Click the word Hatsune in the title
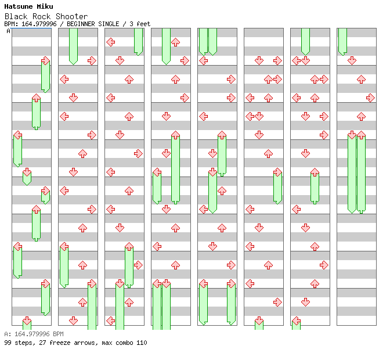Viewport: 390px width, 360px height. tap(17, 6)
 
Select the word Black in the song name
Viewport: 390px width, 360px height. tap(15, 16)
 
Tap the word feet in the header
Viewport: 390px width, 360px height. tap(143, 24)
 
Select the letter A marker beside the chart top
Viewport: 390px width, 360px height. tap(8, 31)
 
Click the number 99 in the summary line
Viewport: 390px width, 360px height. tap(8, 343)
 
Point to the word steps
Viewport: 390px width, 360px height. tap(23, 343)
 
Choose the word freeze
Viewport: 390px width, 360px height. tap(60, 343)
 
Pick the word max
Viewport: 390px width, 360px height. tap(107, 343)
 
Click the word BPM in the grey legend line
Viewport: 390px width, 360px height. tap(58, 334)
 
